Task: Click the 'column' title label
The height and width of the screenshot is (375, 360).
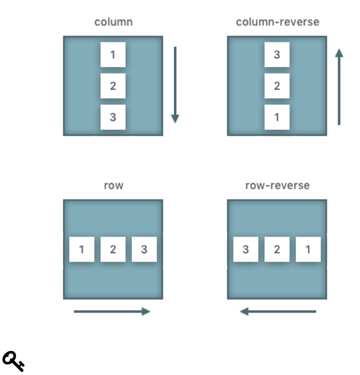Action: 113,22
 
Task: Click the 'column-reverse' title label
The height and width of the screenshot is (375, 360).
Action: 277,22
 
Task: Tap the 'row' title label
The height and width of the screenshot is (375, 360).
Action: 113,185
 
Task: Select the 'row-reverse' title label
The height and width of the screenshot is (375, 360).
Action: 277,185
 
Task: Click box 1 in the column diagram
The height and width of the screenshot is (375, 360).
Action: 113,54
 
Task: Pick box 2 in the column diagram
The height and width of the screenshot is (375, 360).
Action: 113,86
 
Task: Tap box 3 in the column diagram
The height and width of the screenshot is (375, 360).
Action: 113,117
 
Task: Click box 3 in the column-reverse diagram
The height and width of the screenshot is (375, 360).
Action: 277,54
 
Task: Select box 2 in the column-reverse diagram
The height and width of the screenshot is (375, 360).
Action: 277,86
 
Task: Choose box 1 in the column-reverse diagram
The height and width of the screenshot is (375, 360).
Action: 277,117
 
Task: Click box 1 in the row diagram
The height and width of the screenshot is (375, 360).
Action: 81,249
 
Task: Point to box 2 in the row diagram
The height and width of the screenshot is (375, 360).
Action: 113,249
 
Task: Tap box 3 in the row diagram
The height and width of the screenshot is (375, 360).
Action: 144,249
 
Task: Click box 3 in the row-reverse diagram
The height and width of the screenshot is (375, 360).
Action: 246,249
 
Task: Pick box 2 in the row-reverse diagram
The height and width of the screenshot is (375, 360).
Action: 277,249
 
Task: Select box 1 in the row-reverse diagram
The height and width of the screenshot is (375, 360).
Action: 308,249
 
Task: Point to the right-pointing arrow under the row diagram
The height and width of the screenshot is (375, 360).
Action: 112,312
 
